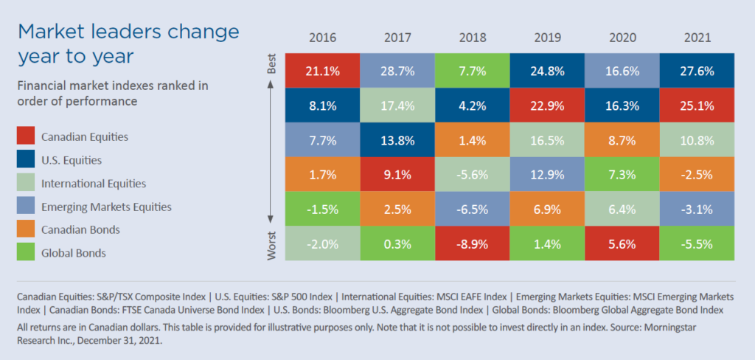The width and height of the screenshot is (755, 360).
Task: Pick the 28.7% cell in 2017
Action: pyautogui.click(x=398, y=71)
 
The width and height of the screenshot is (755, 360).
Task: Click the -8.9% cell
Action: pyautogui.click(x=473, y=244)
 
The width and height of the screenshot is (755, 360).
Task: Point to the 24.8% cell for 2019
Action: pyautogui.click(x=547, y=71)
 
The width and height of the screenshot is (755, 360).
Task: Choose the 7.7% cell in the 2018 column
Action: pyautogui.click(x=473, y=71)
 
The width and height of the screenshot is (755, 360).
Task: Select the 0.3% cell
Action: pyautogui.click(x=398, y=244)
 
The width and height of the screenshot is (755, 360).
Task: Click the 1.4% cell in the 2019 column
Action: pyautogui.click(x=547, y=244)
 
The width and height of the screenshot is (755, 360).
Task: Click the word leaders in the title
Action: pyautogui.click(x=119, y=32)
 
